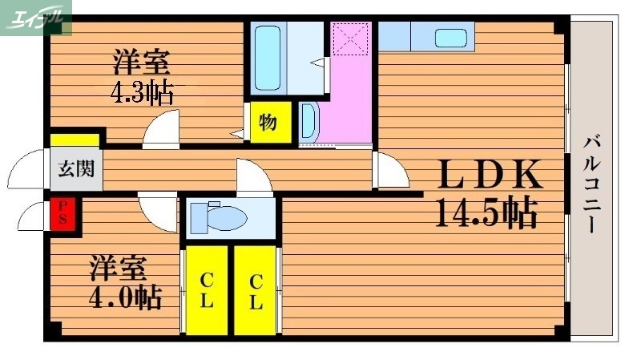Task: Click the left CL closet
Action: [206, 290]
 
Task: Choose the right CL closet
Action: [255, 290]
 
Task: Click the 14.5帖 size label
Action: [486, 212]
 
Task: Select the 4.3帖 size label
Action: [142, 93]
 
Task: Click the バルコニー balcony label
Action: [593, 185]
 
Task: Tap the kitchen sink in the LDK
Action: [453, 37]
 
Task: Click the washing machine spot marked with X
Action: [350, 38]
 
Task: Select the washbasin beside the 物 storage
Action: [308, 123]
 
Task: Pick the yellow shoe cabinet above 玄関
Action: [75, 140]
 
